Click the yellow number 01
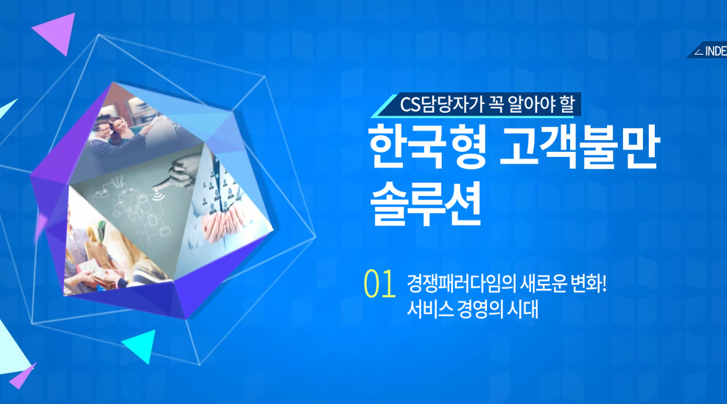[380, 283]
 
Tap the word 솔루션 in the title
[426, 204]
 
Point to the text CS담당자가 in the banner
[440, 105]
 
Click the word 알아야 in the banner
[532, 105]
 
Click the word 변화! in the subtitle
[589, 283]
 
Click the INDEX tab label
[715, 51]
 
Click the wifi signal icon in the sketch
[158, 195]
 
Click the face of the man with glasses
[103, 129]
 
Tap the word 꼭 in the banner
[496, 105]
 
